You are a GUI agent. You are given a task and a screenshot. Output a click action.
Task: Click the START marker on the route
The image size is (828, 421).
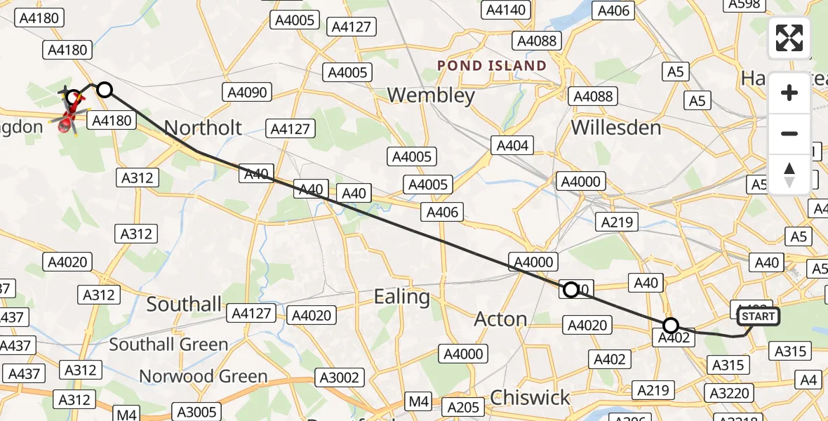[x=759, y=316]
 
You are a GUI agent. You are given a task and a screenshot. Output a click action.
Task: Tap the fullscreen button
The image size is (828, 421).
[x=789, y=38]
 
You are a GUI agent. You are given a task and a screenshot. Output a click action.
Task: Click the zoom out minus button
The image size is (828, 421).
[x=789, y=133]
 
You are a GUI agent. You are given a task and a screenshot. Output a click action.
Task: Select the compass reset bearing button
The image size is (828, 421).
[x=789, y=174]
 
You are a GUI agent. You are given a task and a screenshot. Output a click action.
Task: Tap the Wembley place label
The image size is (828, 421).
[x=431, y=95]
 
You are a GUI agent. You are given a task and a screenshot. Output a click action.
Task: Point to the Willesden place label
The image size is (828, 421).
[x=616, y=128]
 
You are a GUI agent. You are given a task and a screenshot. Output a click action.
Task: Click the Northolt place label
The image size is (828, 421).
[x=203, y=128]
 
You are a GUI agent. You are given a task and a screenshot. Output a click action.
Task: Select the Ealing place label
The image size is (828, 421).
[x=402, y=297]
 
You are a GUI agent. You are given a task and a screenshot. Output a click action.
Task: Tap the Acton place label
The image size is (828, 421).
[x=500, y=319]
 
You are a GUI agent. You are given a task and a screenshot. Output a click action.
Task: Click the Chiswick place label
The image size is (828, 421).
[x=530, y=398]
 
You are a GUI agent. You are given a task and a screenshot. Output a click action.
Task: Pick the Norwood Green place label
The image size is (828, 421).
[x=203, y=377]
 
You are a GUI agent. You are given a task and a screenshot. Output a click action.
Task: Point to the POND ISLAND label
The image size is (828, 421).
[x=491, y=66]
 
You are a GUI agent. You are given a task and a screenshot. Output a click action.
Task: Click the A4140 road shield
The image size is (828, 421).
[x=505, y=10]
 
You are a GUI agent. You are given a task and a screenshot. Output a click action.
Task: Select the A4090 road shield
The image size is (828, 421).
[x=247, y=92]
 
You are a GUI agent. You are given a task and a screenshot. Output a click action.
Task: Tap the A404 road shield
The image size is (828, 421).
[x=512, y=146]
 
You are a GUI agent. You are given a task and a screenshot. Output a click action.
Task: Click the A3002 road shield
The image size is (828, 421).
[x=340, y=377]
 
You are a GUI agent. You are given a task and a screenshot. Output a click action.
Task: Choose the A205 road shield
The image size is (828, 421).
[x=464, y=407]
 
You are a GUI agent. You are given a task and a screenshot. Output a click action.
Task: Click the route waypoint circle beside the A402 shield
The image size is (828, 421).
[x=671, y=326]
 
